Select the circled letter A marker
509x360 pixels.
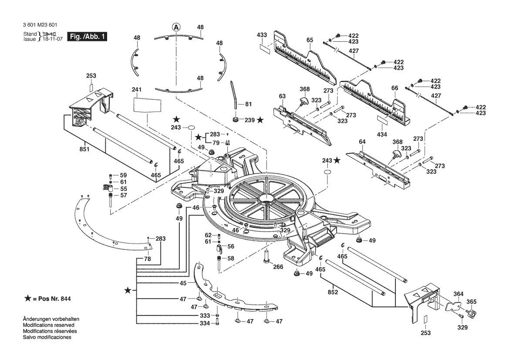coord(176,27)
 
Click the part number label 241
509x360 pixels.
coord(137,90)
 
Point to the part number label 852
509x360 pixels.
coord(333,292)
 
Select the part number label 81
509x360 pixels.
coord(248,104)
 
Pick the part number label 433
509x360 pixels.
coord(262,34)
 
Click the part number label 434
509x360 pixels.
coord(382,134)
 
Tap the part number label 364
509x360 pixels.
coord(459,293)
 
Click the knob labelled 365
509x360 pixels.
coord(470,312)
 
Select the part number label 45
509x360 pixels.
coord(183,283)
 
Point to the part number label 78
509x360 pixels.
coord(147,259)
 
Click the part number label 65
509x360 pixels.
coord(310,40)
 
